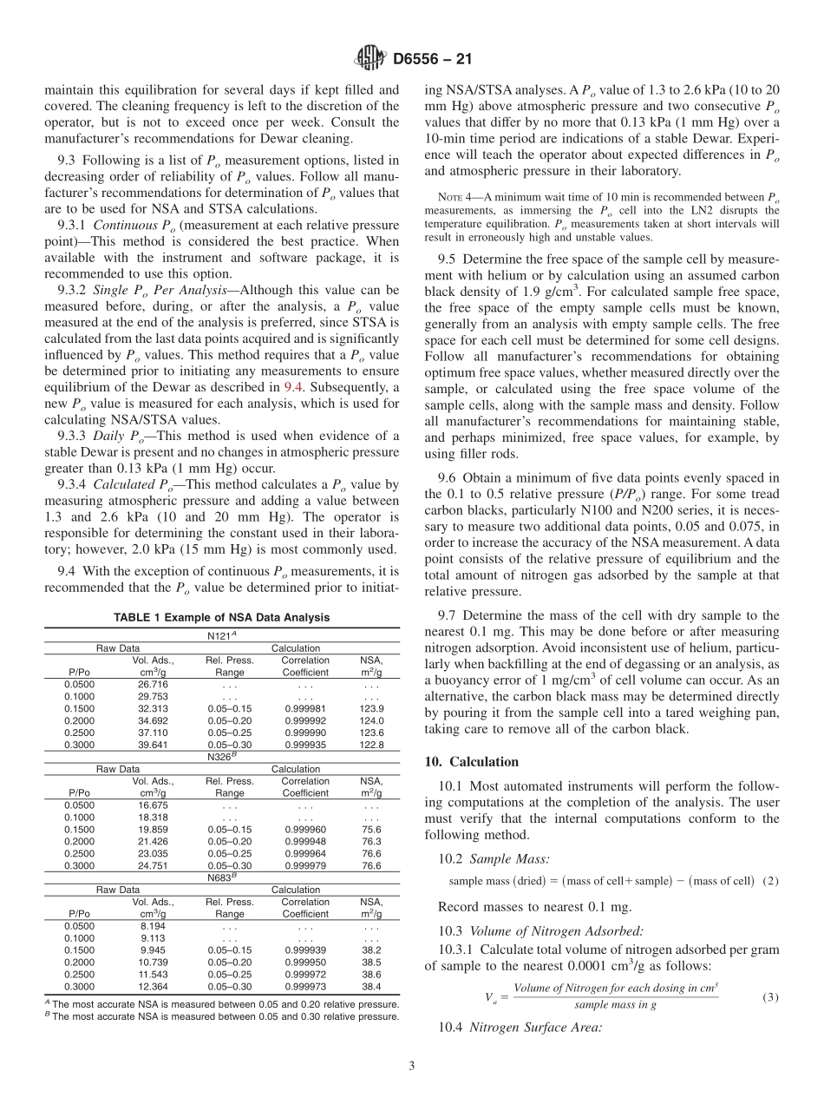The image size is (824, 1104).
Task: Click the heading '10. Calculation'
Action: click(472, 761)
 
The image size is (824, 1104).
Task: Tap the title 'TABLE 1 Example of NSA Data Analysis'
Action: click(222, 617)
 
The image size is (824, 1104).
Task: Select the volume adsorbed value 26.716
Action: click(153, 684)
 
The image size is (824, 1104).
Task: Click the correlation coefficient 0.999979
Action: click(305, 865)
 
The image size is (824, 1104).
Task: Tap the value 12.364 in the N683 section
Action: click(153, 986)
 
